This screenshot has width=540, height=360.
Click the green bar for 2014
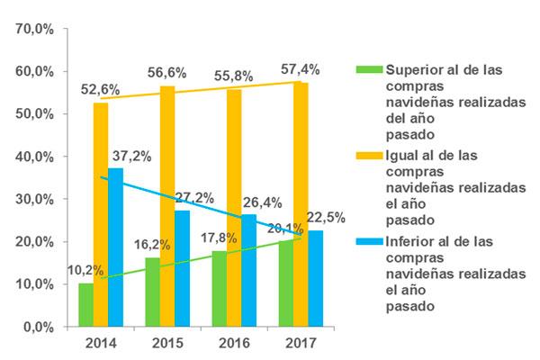pos(85,305)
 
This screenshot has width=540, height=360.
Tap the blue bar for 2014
pos(115,247)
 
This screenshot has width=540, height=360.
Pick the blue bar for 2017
pos(315,278)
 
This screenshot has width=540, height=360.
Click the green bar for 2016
pos(219,289)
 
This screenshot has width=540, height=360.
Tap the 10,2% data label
pos(84,270)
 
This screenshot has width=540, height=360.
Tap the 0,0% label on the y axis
pos(39,327)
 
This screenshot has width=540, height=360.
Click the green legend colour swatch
pos(369,69)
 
